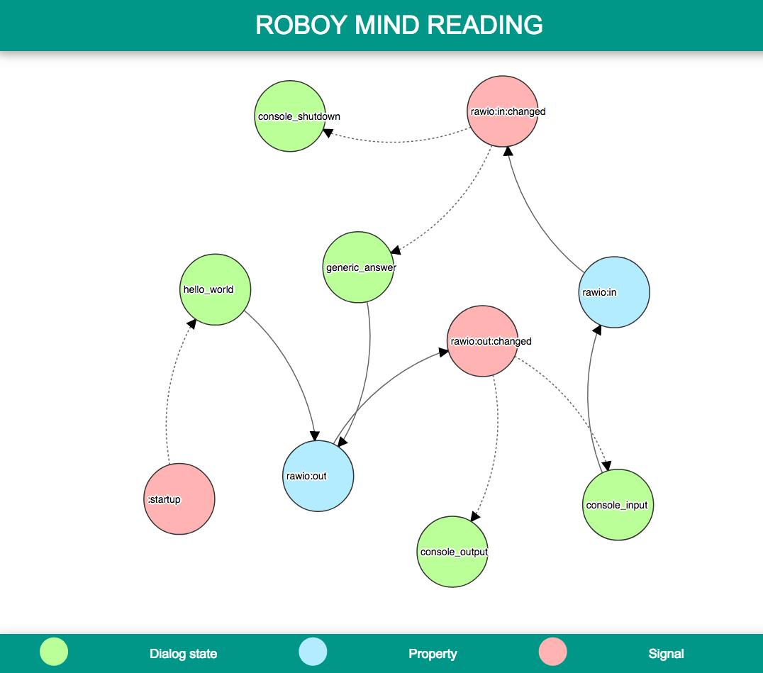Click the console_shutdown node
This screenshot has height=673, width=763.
(290, 116)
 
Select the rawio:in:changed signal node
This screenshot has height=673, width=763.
(503, 111)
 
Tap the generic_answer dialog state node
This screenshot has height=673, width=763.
(358, 267)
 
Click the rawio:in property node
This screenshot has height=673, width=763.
(614, 292)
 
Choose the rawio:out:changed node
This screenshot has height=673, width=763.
(483, 341)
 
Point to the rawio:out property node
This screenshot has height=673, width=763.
(318, 476)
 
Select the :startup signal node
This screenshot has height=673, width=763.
(179, 499)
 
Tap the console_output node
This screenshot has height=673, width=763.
(452, 552)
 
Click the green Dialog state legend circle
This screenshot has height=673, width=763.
(54, 652)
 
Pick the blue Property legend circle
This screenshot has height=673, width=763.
(313, 652)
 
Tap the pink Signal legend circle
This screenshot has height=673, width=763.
(553, 652)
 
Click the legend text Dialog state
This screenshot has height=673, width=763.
(183, 654)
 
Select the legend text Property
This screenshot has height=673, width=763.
(433, 654)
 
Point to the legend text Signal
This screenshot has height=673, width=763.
(666, 654)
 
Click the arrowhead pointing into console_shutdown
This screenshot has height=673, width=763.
(328, 132)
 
